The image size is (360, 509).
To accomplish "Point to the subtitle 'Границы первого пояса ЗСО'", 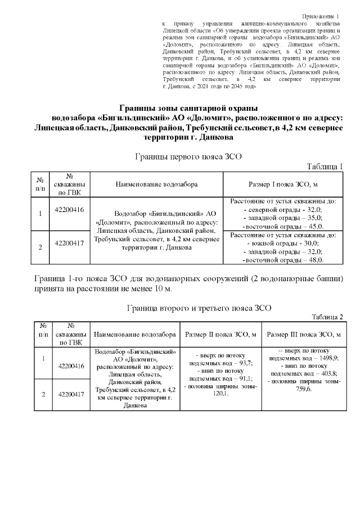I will click(188, 157).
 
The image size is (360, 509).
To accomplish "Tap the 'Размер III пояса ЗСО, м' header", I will click(304, 334).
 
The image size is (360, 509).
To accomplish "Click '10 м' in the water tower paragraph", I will click(163, 289).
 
